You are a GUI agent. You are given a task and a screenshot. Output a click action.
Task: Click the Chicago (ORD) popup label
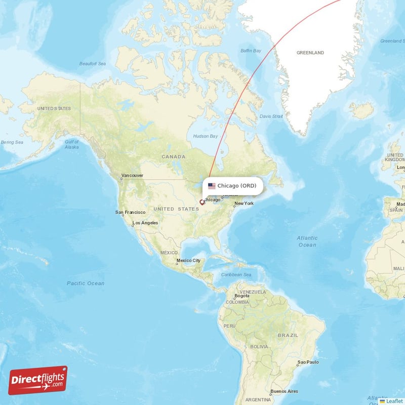tap(237, 186)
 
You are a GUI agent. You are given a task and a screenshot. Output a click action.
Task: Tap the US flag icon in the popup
tap(212, 186)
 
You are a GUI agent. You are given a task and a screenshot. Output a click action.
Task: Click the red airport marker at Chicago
tap(202, 202)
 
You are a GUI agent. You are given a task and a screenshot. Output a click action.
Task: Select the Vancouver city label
tap(132, 176)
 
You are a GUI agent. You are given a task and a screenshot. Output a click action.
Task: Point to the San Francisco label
tap(131, 212)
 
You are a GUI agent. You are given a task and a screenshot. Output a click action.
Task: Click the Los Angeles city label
tap(145, 223)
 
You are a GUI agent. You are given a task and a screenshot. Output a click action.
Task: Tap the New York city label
tap(244, 204)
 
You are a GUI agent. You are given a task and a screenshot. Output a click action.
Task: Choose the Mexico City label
tap(188, 261)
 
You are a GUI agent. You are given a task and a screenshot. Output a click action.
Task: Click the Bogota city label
tap(241, 296)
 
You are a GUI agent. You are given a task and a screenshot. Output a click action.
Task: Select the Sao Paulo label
tap(308, 362)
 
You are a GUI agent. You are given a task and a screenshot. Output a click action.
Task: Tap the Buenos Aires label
tap(284, 391)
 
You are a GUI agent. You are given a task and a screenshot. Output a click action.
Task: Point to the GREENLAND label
tap(310, 53)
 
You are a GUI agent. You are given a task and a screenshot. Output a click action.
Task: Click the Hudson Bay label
tap(206, 136)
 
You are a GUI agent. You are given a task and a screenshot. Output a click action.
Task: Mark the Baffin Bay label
tap(251, 51)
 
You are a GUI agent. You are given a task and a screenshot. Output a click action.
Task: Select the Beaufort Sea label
tap(93, 64)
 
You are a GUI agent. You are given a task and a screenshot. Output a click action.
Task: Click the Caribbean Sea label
tap(236, 275)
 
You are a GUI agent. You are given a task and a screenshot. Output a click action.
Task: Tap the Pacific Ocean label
tap(86, 283)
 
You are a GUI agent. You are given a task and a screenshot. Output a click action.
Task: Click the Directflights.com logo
tap(38, 380)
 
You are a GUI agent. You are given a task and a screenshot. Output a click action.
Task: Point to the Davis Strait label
tap(271, 116)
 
